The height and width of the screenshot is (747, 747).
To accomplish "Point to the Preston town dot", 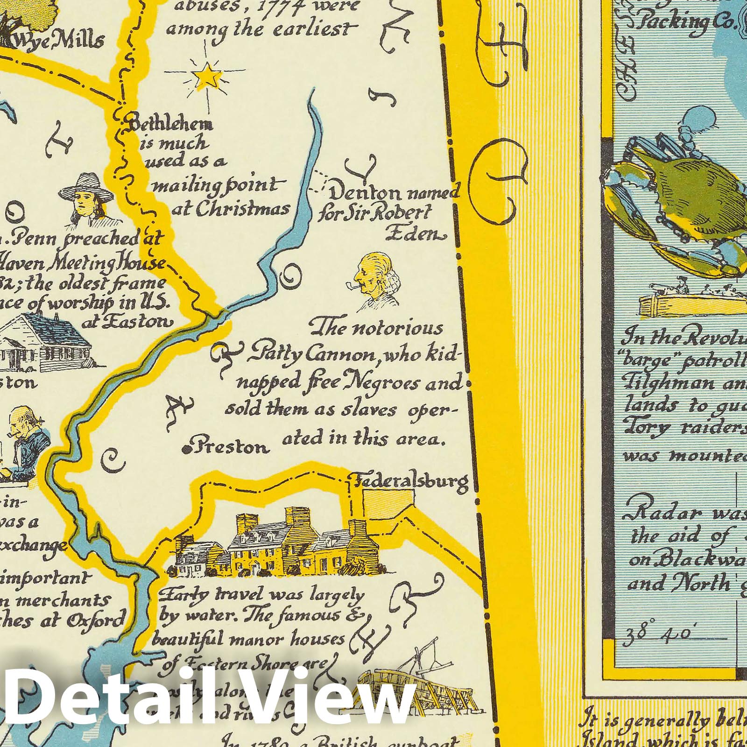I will click(x=186, y=449).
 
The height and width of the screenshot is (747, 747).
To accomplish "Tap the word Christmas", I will click(x=231, y=209).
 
